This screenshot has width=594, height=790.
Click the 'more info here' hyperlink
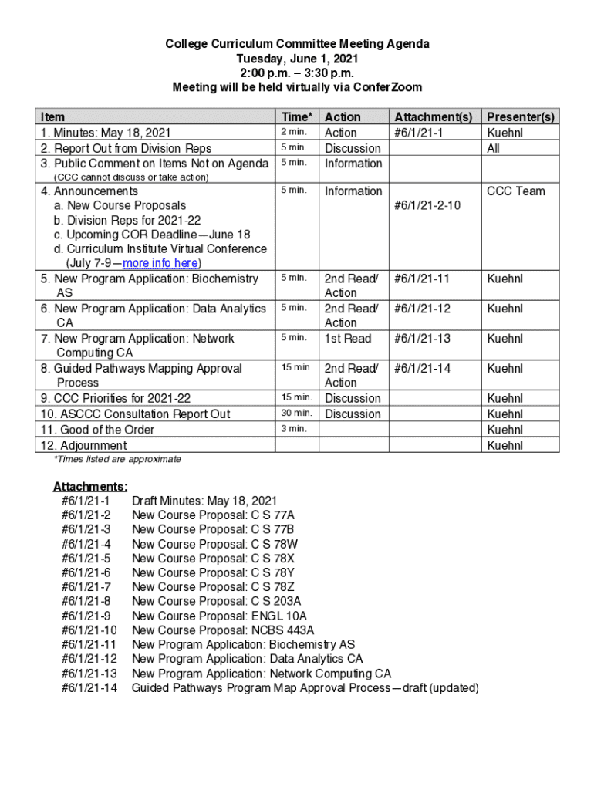click(166, 263)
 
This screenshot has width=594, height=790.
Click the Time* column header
click(297, 116)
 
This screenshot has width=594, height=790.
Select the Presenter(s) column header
click(520, 116)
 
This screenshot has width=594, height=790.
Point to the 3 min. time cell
click(293, 428)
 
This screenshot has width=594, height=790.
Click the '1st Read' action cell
click(348, 339)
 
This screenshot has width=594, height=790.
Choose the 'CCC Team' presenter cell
click(515, 191)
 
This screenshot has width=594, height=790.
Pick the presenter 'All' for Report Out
click(493, 148)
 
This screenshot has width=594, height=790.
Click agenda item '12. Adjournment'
click(83, 446)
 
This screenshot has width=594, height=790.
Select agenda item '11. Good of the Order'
click(97, 430)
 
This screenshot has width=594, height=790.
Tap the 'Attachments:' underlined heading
click(90, 486)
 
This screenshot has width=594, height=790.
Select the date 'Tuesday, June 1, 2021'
click(297, 59)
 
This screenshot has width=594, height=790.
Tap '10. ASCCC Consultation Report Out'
click(135, 414)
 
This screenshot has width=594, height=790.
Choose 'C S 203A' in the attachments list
click(276, 601)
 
